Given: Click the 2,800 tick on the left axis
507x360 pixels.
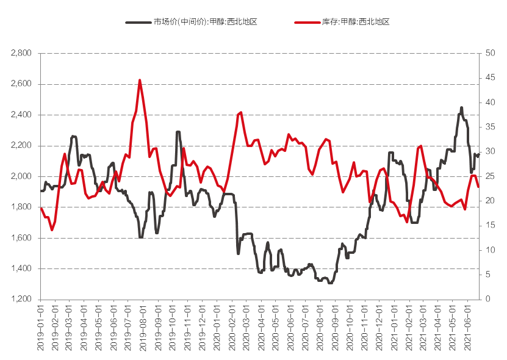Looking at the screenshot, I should (x=21, y=53).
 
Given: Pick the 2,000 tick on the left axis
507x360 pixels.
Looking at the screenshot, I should (x=21, y=176).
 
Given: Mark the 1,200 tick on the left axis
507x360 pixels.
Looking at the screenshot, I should (x=21, y=299).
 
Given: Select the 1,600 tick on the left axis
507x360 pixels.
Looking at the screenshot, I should (x=21, y=238).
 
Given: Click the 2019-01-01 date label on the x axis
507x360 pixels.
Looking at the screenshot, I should (x=41, y=328).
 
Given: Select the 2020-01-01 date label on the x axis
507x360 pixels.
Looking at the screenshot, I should (x=218, y=328).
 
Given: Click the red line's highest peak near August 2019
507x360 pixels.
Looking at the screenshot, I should (x=140, y=80).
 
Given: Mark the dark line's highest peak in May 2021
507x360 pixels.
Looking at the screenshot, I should (x=461, y=107).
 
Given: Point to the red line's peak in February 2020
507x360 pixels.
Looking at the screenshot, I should (x=241, y=112).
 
